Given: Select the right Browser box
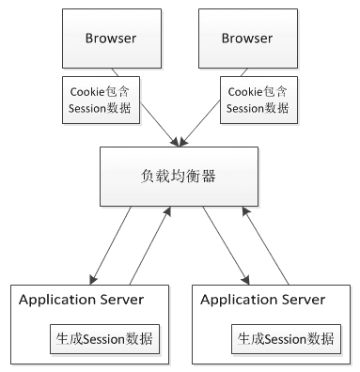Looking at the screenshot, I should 247,39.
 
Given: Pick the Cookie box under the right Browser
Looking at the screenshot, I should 254,98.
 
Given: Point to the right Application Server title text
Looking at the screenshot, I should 264,300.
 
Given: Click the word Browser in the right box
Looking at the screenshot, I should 247,39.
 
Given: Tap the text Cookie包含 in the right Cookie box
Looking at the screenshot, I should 254,89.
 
